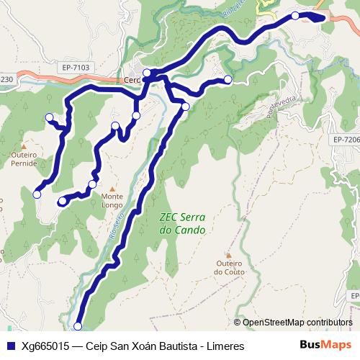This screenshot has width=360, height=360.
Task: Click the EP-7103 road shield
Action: pyautogui.click(x=75, y=68)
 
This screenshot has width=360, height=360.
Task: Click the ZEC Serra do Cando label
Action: pyautogui.click(x=181, y=225)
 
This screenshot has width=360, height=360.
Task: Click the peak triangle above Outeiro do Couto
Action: pyautogui.click(x=230, y=253)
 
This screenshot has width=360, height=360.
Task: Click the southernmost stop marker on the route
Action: pyautogui.click(x=78, y=326)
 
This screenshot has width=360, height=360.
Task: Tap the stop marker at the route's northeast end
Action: pyautogui.click(x=295, y=15)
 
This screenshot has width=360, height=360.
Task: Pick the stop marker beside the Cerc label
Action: pyautogui.click(x=147, y=72)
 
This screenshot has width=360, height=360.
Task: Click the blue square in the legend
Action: pyautogui.click(x=10, y=346)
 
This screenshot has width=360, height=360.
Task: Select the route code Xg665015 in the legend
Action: pyautogui.click(x=45, y=346)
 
